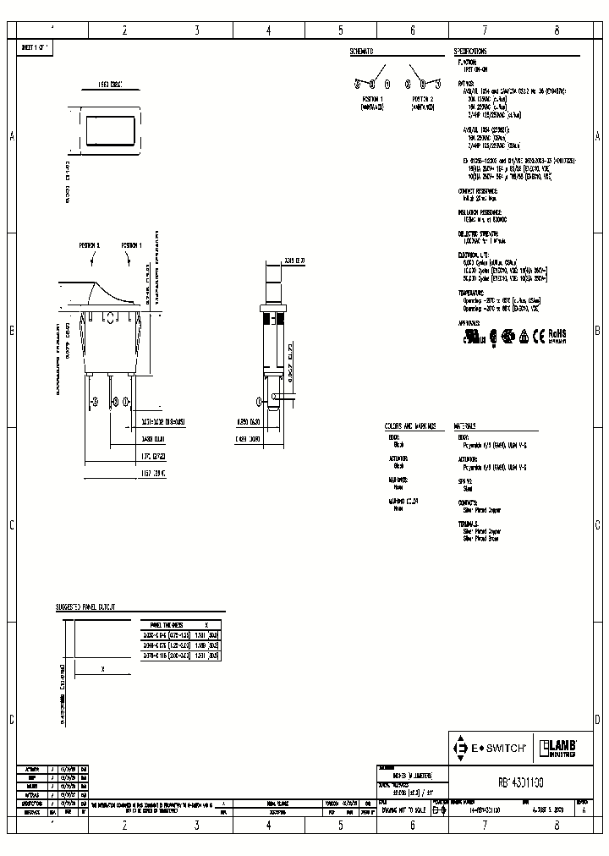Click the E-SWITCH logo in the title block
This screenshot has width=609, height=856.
tap(492, 748)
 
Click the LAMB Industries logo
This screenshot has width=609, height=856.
tap(560, 748)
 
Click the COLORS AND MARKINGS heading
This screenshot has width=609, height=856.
tap(411, 426)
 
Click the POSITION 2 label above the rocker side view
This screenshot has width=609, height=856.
tap(90, 244)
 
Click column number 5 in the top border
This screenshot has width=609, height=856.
tap(341, 30)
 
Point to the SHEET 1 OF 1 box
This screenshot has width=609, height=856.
tap(36, 48)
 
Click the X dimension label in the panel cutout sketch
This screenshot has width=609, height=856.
tap(102, 668)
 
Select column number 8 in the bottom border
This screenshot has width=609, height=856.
tap(557, 823)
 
